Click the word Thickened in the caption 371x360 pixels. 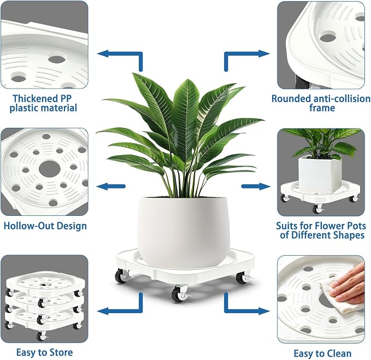point(35,98)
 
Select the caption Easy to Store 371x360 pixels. point(44,352)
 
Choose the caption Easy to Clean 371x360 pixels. point(322,353)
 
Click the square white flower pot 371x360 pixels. point(320,173)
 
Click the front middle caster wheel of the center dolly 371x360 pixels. point(179,294)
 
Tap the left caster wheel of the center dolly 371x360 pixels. point(121,276)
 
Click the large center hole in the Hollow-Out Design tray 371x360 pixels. point(50,169)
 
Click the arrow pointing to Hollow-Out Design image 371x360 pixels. point(111,186)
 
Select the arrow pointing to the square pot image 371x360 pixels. point(256,186)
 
